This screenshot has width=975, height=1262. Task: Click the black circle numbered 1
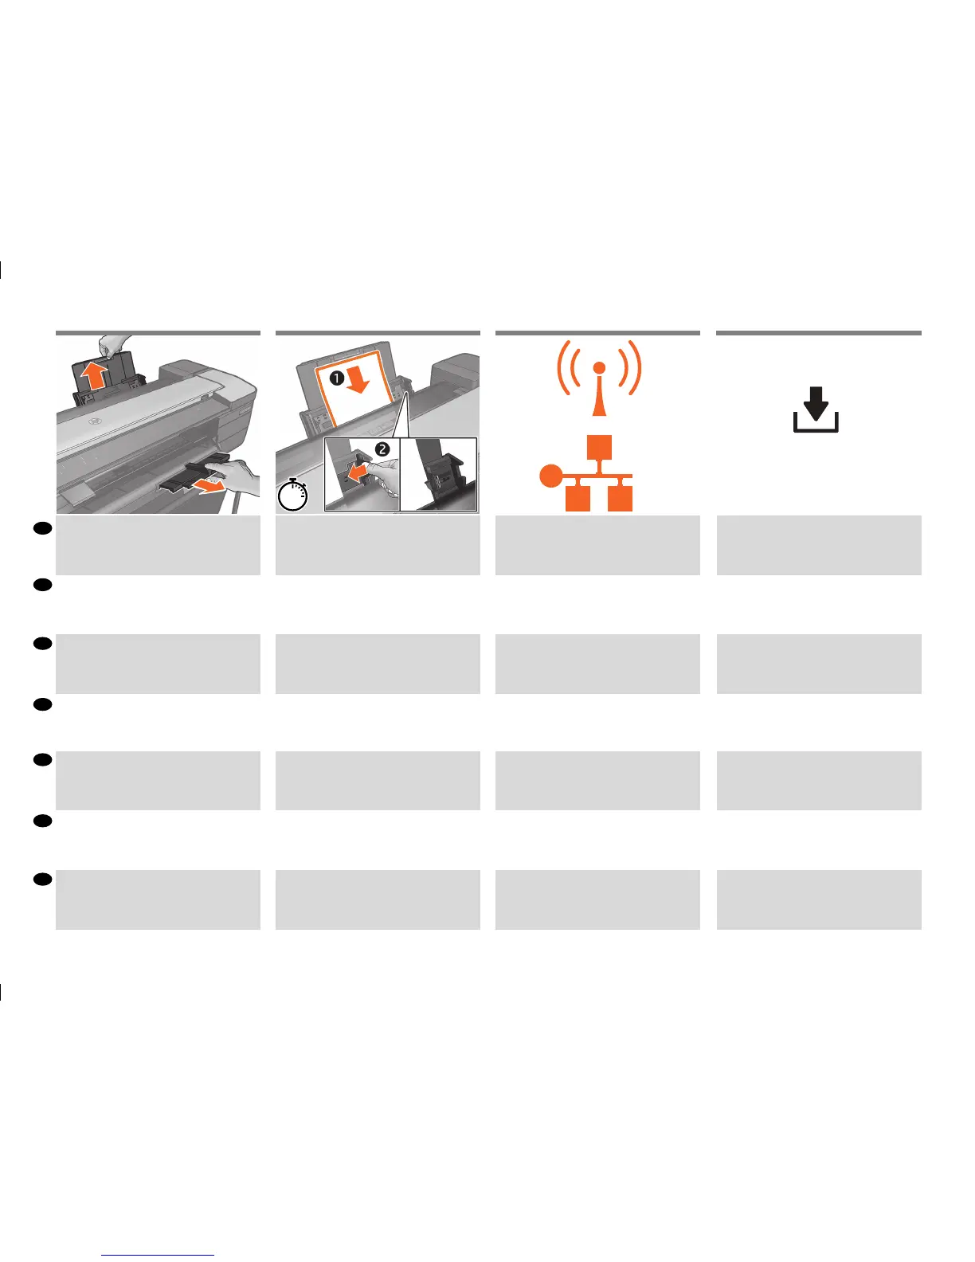click(336, 378)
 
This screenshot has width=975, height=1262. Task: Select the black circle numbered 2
click(382, 449)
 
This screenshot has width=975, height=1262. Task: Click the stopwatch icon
click(292, 495)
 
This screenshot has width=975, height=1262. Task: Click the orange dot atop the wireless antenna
click(600, 367)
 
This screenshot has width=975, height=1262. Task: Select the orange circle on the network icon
click(550, 476)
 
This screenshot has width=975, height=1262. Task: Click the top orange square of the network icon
click(600, 447)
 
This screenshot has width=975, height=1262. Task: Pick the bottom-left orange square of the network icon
click(578, 498)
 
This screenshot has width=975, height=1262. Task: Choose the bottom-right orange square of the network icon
click(620, 498)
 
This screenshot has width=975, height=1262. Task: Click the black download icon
click(816, 410)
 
